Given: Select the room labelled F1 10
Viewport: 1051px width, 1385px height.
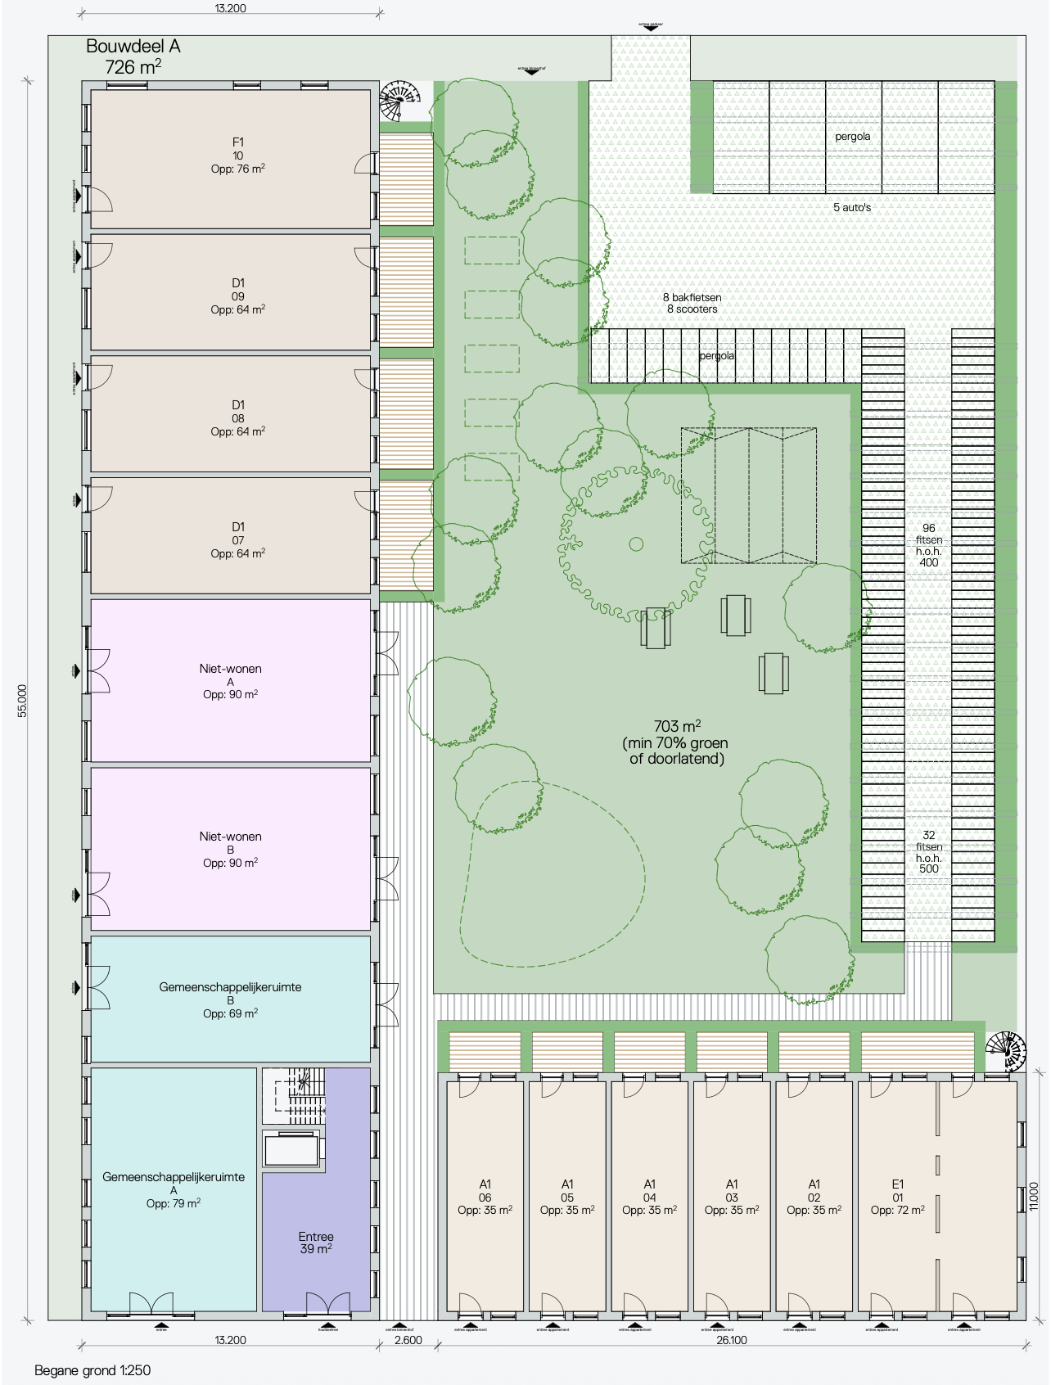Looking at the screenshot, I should click(x=237, y=156).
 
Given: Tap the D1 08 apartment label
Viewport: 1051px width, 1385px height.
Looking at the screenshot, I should click(x=237, y=417).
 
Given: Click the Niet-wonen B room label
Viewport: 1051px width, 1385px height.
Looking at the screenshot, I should click(x=230, y=849).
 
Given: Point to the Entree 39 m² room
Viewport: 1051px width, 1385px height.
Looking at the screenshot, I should click(x=316, y=1242).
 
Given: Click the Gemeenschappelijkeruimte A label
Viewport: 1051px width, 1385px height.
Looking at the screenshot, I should click(x=174, y=1189).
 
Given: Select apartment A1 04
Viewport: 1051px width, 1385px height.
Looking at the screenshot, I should click(x=649, y=1197).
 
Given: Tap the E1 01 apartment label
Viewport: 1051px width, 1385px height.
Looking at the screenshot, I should click(x=897, y=1197).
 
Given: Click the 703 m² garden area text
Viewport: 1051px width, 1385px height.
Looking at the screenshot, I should click(x=676, y=742).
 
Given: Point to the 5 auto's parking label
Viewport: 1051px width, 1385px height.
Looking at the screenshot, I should click(x=851, y=208).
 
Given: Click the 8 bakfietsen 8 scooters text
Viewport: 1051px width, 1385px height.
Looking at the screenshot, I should click(x=692, y=303).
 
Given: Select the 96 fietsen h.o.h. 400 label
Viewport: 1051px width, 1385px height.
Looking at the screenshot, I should click(x=928, y=545).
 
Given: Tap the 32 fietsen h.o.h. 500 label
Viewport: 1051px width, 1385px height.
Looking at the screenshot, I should click(x=928, y=852).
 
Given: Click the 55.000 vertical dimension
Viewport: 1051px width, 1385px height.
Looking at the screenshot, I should click(x=23, y=701).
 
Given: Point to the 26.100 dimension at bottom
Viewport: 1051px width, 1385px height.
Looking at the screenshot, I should click(x=731, y=1340).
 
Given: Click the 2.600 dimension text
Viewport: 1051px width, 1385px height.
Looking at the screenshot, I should click(x=408, y=1340).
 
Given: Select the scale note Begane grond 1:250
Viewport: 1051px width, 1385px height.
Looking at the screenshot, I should click(x=92, y=1369).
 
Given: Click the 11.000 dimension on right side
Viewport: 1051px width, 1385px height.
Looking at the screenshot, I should click(x=1033, y=1196).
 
